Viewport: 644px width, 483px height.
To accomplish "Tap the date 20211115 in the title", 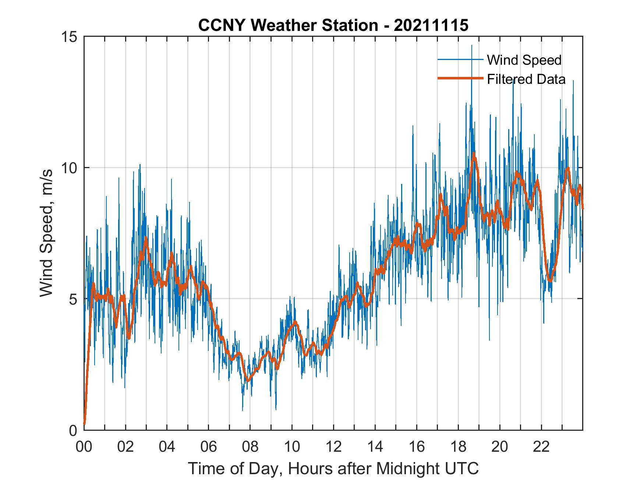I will pos(431,25).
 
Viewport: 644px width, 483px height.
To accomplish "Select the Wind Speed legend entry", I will pos(524,60).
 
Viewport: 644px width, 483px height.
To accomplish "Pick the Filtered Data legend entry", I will pos(526,79).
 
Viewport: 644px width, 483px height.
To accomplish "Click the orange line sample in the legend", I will pos(460,79).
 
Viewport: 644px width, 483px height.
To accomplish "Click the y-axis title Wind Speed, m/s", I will pos(47,233).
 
